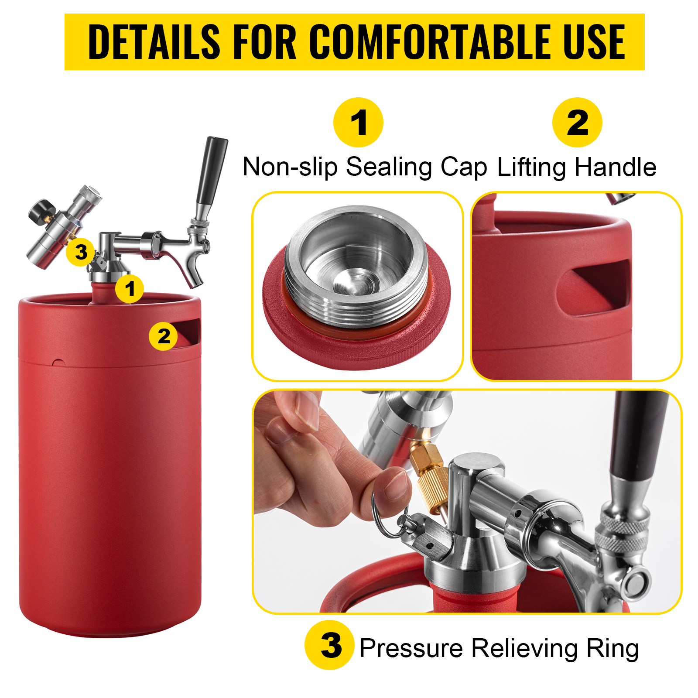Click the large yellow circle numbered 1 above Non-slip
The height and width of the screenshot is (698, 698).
[x=358, y=122]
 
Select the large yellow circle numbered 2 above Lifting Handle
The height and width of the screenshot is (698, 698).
[x=577, y=122]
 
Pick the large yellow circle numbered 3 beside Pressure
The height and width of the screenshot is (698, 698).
[x=330, y=645]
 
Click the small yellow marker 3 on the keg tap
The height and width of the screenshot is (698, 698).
[x=81, y=252]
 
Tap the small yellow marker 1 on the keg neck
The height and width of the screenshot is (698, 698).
[x=130, y=288]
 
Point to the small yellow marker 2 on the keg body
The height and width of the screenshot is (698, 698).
[x=164, y=336]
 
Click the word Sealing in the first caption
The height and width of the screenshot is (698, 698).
[x=389, y=167]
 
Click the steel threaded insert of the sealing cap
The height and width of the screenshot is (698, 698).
[x=356, y=266]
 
